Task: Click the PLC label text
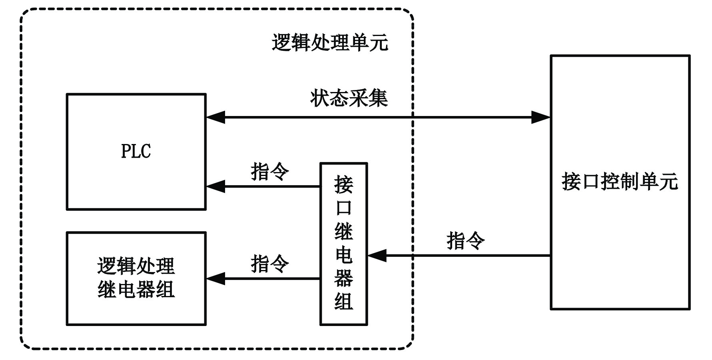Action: (136, 151)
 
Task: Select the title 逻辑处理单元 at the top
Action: (330, 42)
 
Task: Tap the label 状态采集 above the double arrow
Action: (349, 98)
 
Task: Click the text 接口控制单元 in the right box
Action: (620, 182)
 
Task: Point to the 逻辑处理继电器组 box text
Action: (136, 278)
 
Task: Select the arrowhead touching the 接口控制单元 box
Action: (540, 118)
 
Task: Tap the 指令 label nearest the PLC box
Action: (270, 172)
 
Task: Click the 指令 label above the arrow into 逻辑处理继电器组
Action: (270, 264)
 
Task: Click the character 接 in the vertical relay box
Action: (344, 184)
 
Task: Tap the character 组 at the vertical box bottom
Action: (344, 301)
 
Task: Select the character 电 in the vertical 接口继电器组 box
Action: (344, 254)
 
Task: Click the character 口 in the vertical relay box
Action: (344, 208)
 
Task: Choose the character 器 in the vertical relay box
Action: (344, 278)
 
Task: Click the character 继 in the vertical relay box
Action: (344, 231)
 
